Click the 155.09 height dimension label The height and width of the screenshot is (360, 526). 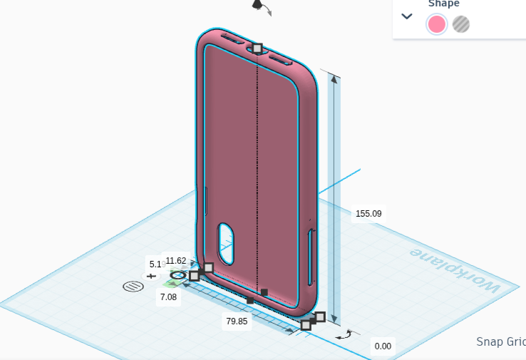(x=368, y=213)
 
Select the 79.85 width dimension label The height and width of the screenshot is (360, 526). (x=237, y=321)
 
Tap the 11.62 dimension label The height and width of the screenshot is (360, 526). (x=175, y=261)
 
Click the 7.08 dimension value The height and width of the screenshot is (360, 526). (x=168, y=297)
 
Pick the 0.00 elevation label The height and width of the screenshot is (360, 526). (x=383, y=346)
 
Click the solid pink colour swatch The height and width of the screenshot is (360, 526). (x=436, y=24)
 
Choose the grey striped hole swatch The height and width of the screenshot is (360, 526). (x=461, y=24)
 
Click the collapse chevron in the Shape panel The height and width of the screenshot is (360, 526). (x=407, y=16)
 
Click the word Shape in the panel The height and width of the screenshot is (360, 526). (x=443, y=4)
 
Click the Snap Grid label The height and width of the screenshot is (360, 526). (x=500, y=341)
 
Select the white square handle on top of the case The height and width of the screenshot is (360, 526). (x=257, y=48)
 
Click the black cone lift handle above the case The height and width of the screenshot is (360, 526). (x=257, y=5)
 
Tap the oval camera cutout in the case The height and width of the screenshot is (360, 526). (x=226, y=244)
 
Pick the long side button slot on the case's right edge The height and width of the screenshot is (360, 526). (x=310, y=256)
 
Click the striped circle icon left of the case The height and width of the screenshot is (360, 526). (x=133, y=287)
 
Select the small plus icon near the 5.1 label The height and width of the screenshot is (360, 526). (x=151, y=275)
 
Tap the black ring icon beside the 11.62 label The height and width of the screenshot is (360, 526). (x=178, y=275)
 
